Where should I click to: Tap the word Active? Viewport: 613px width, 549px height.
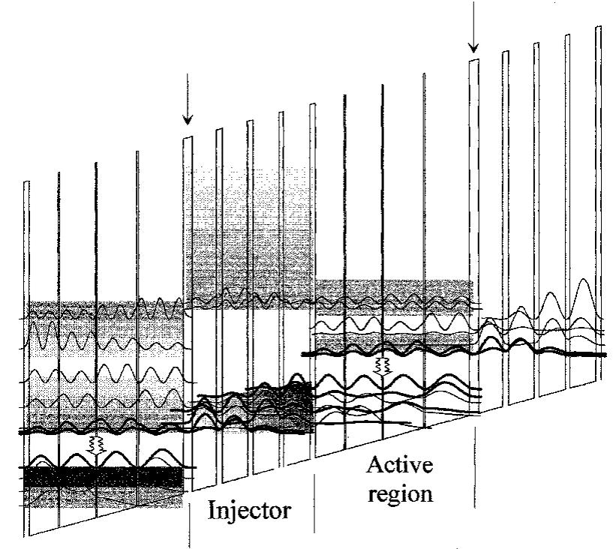click(x=400, y=465)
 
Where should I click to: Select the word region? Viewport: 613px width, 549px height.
click(x=398, y=494)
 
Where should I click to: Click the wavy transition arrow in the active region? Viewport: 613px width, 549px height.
click(x=383, y=366)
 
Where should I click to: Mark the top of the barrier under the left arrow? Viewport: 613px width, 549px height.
click(x=188, y=139)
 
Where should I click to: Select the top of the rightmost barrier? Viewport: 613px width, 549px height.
click(x=598, y=28)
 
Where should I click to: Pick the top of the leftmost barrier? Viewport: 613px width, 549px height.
click(x=27, y=182)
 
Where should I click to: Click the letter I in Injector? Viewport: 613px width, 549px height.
click(x=211, y=512)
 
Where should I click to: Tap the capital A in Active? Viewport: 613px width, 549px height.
click(x=374, y=465)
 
